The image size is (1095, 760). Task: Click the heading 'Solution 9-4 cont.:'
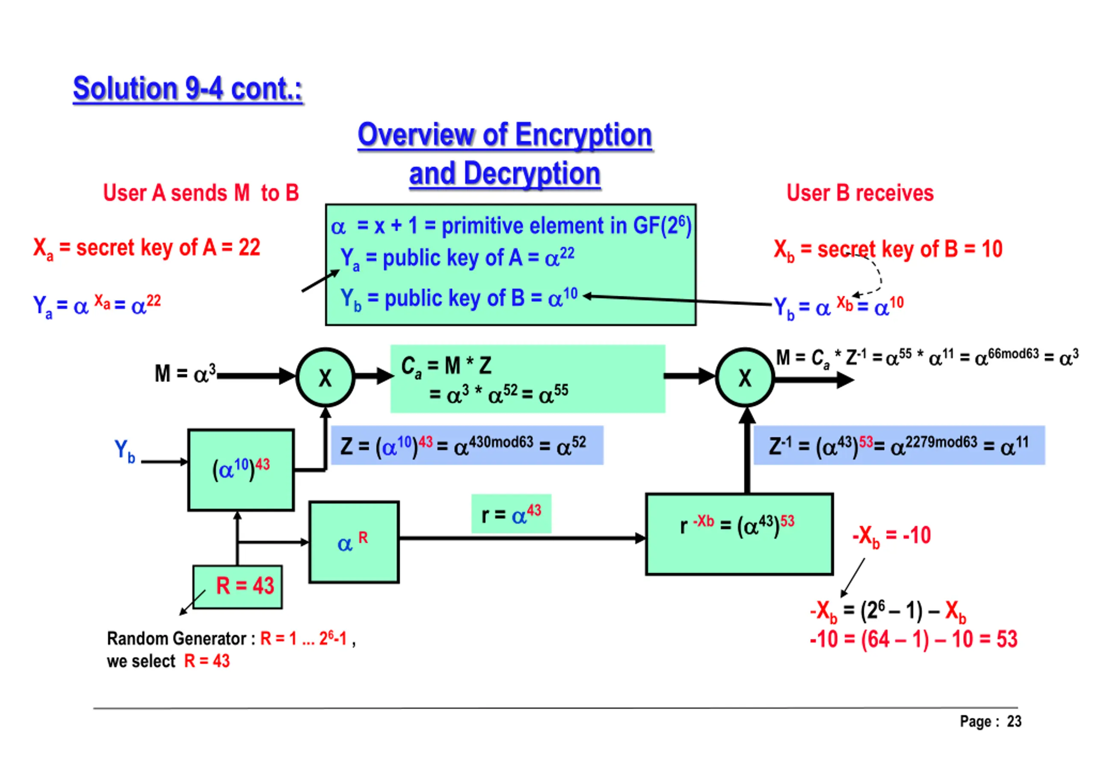pyautogui.click(x=187, y=88)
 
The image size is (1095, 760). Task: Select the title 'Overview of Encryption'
pyautogui.click(x=504, y=135)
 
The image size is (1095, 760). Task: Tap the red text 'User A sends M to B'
pyautogui.click(x=201, y=193)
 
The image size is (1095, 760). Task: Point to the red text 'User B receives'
pyautogui.click(x=859, y=193)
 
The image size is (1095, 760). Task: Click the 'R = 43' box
pyautogui.click(x=237, y=586)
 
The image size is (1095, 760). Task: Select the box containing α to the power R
pyautogui.click(x=354, y=542)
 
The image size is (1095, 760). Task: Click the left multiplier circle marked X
pyautogui.click(x=325, y=377)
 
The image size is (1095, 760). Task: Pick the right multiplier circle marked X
pyautogui.click(x=744, y=377)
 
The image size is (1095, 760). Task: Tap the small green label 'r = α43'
pyautogui.click(x=511, y=514)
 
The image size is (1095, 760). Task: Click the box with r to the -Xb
pyautogui.click(x=739, y=534)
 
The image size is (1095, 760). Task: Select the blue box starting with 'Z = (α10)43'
pyautogui.click(x=467, y=445)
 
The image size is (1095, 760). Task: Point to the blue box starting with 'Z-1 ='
pyautogui.click(x=899, y=445)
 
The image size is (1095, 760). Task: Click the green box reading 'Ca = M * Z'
pyautogui.click(x=527, y=379)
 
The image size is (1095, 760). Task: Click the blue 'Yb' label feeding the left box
pyautogui.click(x=124, y=451)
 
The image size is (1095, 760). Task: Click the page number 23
pyautogui.click(x=1014, y=721)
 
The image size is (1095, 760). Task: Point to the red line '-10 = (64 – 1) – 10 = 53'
pyautogui.click(x=913, y=639)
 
